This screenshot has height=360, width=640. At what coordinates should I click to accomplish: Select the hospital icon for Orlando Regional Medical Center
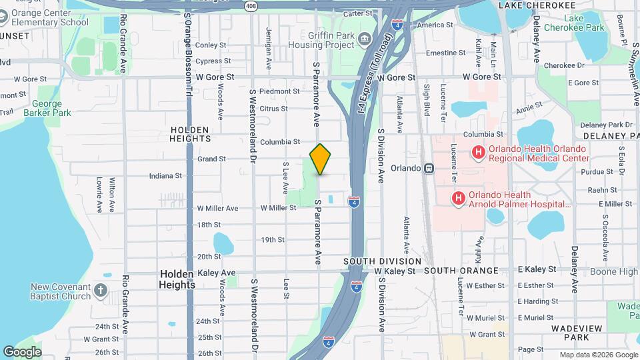478,153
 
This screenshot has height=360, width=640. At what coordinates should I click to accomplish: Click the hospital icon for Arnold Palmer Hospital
459,198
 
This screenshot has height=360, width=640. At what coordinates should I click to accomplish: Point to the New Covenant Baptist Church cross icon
100,291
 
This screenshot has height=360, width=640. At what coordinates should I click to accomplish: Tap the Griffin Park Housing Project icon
365,39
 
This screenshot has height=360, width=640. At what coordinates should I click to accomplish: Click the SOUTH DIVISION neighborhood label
383,261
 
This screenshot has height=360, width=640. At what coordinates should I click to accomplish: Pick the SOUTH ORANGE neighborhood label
461,271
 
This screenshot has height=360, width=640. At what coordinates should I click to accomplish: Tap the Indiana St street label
165,176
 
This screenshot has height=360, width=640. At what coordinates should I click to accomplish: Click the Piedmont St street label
279,91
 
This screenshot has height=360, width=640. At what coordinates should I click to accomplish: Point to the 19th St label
273,239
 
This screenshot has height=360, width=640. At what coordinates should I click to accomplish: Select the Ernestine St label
446,53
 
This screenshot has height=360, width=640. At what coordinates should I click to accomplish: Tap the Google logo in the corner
22,351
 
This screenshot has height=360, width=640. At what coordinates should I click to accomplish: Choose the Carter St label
357,14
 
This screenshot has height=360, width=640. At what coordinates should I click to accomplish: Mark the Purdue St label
591,172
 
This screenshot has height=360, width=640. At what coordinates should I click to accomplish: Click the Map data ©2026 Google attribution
597,355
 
